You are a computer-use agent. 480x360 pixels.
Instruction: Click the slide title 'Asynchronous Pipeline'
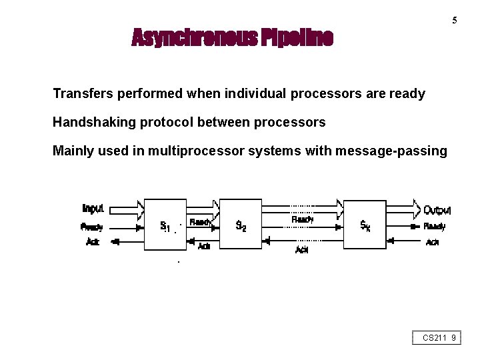pyautogui.click(x=232, y=38)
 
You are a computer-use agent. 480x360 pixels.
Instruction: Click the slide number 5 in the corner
pyautogui.click(x=455, y=20)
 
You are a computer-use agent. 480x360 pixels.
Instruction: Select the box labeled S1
pyautogui.click(x=165, y=225)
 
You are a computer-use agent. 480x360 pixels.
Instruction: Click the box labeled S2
pyautogui.click(x=241, y=225)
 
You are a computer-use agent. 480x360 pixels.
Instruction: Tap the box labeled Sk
pyautogui.click(x=365, y=225)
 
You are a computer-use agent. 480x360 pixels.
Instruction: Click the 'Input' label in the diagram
pyautogui.click(x=93, y=209)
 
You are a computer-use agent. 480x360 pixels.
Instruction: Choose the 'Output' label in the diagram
pyautogui.click(x=437, y=210)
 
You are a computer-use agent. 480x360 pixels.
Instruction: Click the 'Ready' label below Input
pyautogui.click(x=92, y=227)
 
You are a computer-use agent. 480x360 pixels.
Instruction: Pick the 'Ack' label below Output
pyautogui.click(x=433, y=242)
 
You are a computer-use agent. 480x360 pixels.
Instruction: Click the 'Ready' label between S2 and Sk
pyautogui.click(x=303, y=219)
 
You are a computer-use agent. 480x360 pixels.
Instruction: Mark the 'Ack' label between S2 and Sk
pyautogui.click(x=302, y=249)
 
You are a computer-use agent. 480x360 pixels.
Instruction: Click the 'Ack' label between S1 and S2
pyautogui.click(x=204, y=246)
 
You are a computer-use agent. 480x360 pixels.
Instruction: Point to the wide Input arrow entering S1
pyautogui.click(x=127, y=210)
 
